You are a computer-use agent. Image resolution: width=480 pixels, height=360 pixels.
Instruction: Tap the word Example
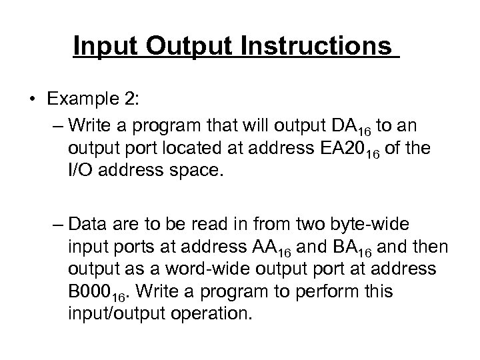(75, 99)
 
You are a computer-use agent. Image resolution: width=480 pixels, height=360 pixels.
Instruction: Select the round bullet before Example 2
(32, 100)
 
